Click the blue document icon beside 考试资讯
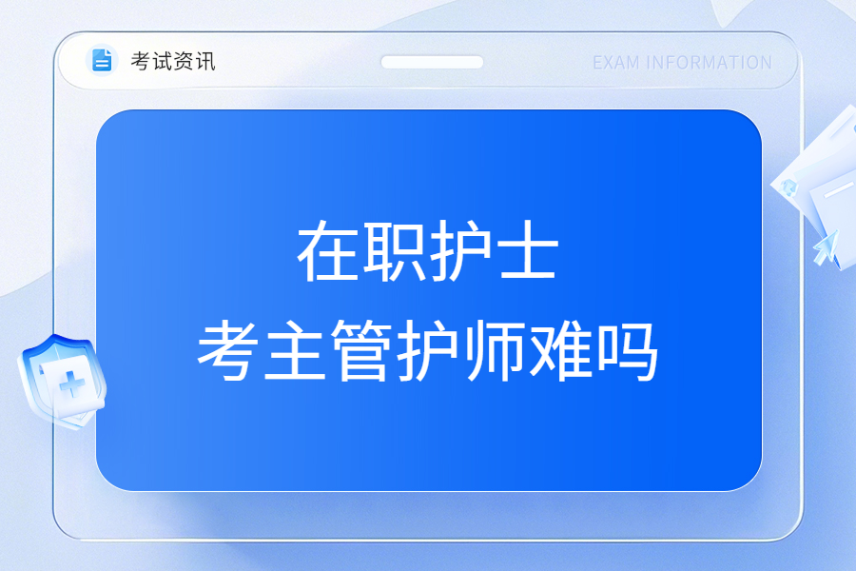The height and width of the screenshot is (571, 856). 102,60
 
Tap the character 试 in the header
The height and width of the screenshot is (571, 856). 162,61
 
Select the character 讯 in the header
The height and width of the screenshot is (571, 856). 205,61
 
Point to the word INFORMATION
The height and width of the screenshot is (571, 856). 709,63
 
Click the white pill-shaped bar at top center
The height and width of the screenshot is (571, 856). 432,62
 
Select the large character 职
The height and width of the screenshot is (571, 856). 394,251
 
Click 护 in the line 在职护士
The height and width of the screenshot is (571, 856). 460,251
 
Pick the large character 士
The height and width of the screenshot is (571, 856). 527,251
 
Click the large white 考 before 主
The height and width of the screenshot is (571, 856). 228,349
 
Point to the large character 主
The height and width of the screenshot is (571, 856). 295,349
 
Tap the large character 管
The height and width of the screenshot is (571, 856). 361,349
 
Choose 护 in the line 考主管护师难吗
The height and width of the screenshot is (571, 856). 428,349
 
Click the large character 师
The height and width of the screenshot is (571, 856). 495,349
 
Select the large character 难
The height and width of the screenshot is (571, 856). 561,349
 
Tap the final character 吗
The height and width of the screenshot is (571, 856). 628,349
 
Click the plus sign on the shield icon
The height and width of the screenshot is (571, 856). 71,384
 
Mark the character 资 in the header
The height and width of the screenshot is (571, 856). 184,61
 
